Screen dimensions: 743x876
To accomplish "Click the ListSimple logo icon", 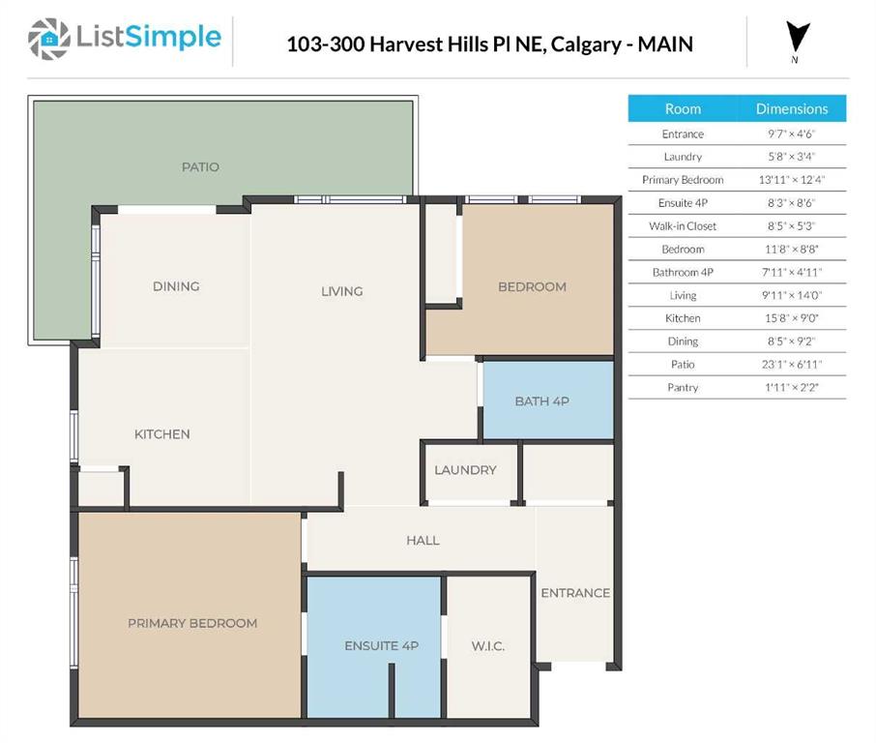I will tap(48, 39).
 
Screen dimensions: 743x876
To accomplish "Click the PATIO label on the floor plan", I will tap(200, 167).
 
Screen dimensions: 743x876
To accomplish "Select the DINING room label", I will tap(176, 286).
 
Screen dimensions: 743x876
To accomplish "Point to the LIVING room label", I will tap(341, 291).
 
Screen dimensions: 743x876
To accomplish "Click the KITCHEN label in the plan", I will tap(161, 434).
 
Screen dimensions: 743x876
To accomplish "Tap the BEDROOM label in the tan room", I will tap(532, 286).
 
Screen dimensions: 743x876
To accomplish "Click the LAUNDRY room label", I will tap(465, 470).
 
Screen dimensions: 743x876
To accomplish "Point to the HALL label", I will tap(423, 540).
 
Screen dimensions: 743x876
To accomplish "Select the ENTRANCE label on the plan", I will tap(575, 593).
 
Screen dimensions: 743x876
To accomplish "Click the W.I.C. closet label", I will tap(488, 646).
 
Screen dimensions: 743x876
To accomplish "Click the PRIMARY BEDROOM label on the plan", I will tap(192, 623).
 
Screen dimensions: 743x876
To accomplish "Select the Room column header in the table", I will tap(683, 108).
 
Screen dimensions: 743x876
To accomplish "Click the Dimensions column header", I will tap(791, 108).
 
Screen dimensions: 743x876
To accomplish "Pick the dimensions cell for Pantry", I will tap(791, 388).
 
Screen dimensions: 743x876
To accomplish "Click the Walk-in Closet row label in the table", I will tap(683, 226).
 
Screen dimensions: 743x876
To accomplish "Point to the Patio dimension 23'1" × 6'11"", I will tap(791, 365).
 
